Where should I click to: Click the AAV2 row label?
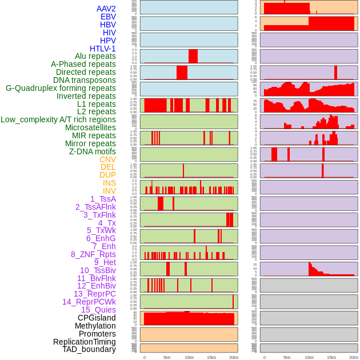coord(106,9)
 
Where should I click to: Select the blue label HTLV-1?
coord(102,49)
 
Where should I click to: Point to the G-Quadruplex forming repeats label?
coord(61,88)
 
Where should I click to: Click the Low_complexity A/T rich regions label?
coord(58,119)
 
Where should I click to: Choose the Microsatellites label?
coord(90,127)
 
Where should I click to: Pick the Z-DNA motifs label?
coord(92,151)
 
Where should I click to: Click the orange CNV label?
coord(107,159)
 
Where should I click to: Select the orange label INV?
coord(109,191)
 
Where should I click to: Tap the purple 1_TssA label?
coord(103,199)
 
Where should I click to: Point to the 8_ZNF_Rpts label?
coord(93,254)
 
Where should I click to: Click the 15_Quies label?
coord(98,310)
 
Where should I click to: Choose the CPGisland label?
coord(97,318)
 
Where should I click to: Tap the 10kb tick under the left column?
coord(189,357)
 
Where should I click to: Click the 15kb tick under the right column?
coord(331,357)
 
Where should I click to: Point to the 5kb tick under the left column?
coord(167,357)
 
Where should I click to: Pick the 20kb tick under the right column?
coord(354,357)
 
